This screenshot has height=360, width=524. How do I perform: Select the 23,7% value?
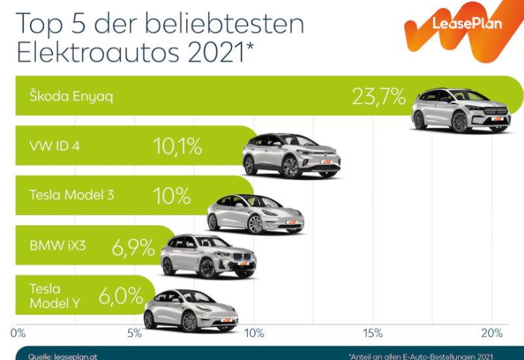[x=379, y=96]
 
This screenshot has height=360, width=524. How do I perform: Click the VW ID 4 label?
[x=55, y=145]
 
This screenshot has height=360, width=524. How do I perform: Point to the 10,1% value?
[x=178, y=146]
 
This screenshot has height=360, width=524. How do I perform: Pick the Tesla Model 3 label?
[x=72, y=194]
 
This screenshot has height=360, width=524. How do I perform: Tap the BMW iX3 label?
[x=58, y=246]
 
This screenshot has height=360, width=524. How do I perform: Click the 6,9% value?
[x=134, y=247]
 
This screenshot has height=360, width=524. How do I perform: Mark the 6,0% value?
[x=121, y=296]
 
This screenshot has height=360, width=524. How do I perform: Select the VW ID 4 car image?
[x=291, y=155]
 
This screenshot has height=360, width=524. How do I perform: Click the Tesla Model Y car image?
[x=189, y=310]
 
